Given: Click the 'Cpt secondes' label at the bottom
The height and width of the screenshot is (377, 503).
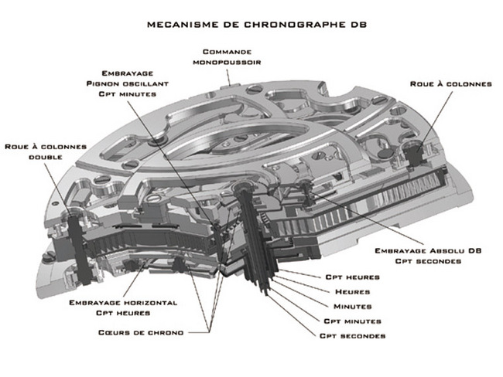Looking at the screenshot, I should click(353, 335).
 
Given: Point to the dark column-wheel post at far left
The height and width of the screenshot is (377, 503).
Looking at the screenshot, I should click(76, 232).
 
